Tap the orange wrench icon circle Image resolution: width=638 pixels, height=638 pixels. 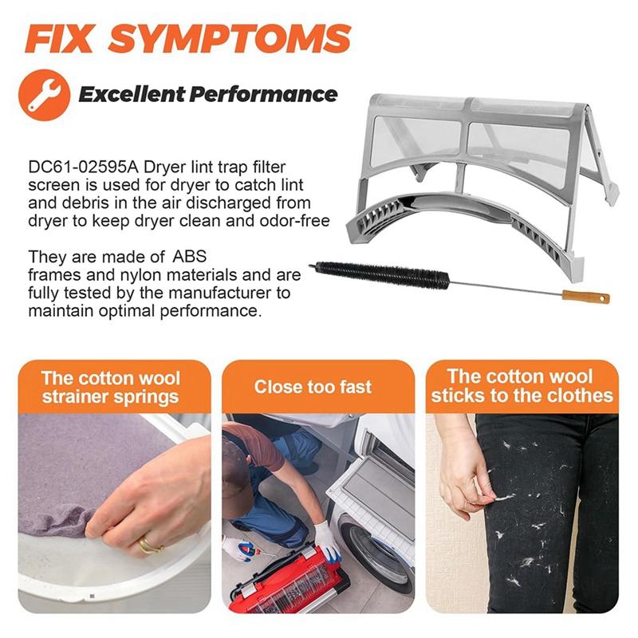(45, 95)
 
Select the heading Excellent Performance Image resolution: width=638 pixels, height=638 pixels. (207, 95)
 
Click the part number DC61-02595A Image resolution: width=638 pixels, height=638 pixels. (76, 168)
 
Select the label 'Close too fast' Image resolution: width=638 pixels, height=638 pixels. (313, 387)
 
